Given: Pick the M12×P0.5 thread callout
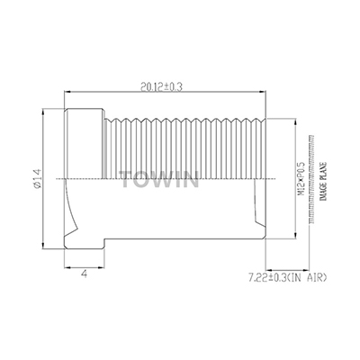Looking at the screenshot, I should (291, 180).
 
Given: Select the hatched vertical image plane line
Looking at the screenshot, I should (310, 180).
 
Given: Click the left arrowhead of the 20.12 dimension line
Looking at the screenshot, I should (64, 93).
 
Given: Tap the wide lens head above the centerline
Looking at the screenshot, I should (83, 144).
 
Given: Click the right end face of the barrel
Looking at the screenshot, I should (267, 180).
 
